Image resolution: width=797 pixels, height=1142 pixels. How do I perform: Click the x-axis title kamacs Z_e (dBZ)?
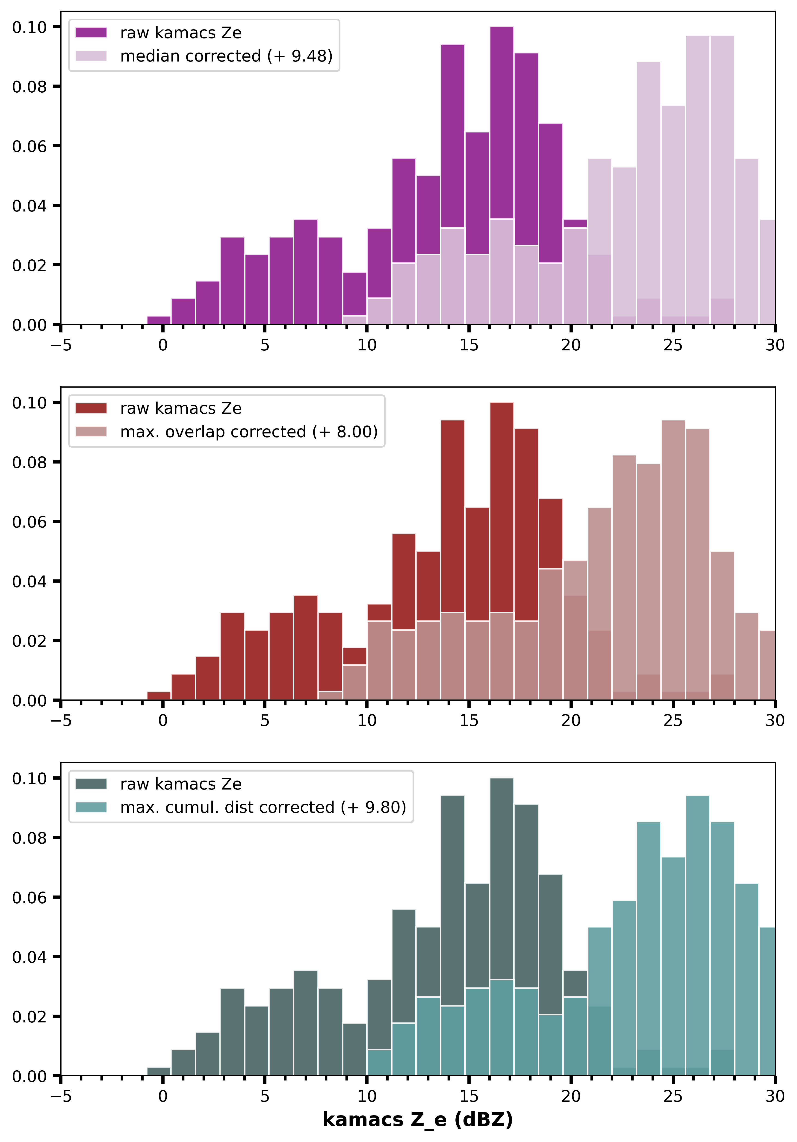[417, 1120]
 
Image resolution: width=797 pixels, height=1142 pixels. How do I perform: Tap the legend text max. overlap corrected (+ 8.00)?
[249, 432]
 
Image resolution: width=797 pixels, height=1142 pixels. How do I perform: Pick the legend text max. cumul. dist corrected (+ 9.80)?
[263, 807]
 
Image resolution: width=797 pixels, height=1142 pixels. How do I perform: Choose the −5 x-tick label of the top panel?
[61, 345]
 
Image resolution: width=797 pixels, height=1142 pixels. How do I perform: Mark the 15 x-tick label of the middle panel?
[469, 721]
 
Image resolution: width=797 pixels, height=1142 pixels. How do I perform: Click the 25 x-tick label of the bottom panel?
[673, 1096]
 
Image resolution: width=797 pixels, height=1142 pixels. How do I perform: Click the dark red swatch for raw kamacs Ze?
[91, 408]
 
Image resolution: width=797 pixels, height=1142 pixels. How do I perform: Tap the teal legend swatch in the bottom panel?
[91, 807]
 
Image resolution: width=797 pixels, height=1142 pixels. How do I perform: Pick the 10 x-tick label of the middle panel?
[367, 721]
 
